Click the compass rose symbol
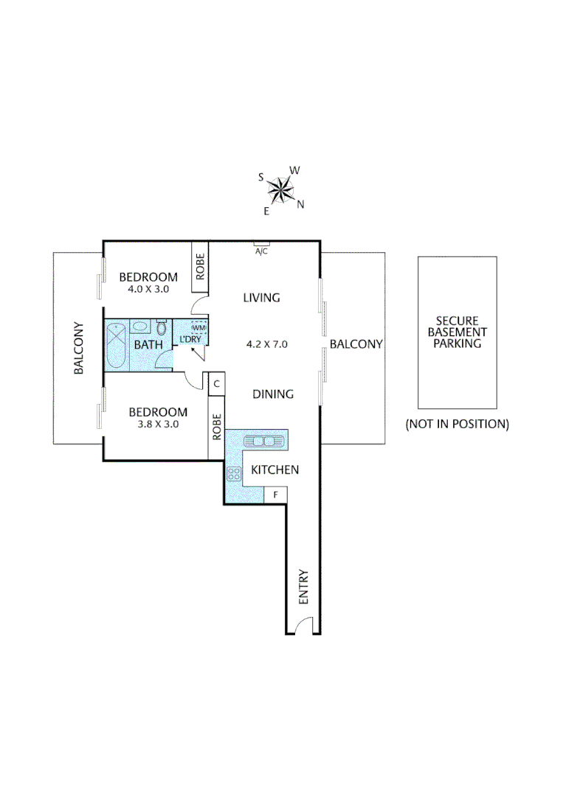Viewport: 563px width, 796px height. tap(281, 191)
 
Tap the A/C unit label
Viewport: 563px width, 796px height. tap(261, 251)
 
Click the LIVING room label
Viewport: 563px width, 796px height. tap(262, 298)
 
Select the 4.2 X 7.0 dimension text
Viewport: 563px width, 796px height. tap(266, 343)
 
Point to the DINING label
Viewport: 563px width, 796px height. tap(273, 394)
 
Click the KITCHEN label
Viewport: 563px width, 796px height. tap(274, 469)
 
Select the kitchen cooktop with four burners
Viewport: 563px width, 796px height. tap(234, 474)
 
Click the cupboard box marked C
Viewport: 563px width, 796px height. tap(217, 383)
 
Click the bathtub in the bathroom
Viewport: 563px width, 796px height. tap(117, 345)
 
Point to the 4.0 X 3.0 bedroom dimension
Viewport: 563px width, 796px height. tap(149, 290)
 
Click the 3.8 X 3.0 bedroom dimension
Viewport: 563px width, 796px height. tap(158, 424)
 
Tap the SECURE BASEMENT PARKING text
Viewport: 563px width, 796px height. tap(457, 332)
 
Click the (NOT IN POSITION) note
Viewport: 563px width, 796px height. tap(457, 424)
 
